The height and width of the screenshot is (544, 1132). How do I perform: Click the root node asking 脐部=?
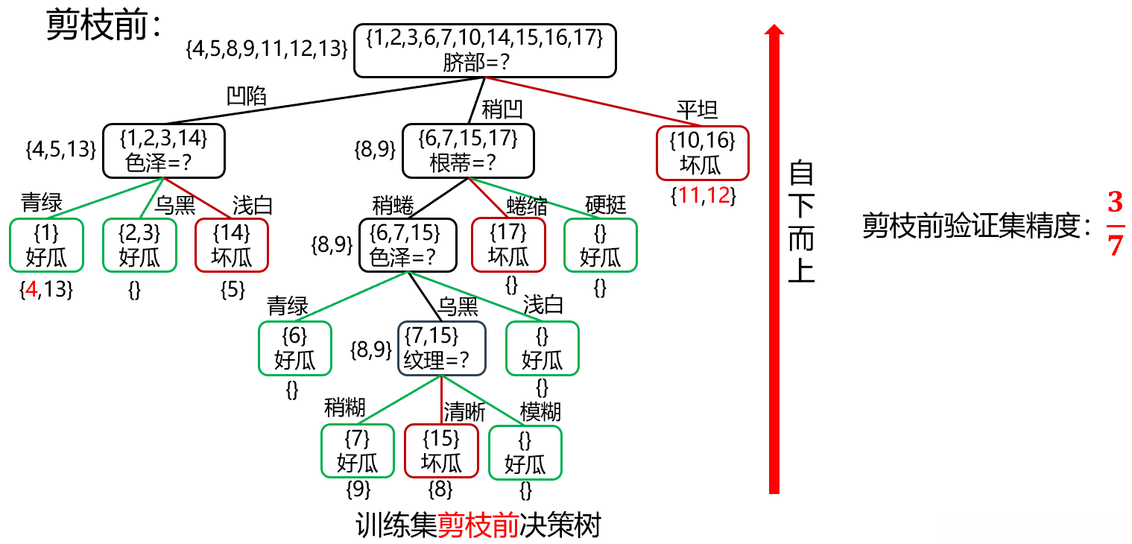[484, 50]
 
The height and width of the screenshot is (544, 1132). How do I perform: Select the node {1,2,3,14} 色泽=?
[163, 151]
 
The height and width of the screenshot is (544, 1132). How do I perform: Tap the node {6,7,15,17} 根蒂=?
[469, 151]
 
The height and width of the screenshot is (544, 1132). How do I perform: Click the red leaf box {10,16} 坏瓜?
[702, 153]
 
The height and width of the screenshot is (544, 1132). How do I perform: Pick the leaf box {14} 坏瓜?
[231, 245]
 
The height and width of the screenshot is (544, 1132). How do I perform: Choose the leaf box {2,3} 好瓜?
[139, 245]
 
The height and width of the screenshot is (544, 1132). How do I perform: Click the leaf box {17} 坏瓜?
[508, 245]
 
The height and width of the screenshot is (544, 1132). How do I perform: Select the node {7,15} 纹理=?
[441, 348]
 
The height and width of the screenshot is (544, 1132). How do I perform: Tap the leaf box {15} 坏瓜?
[441, 451]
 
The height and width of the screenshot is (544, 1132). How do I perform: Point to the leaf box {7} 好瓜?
[358, 451]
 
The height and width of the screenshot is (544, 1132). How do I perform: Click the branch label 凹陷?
[247, 96]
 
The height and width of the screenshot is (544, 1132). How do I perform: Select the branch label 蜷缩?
[527, 204]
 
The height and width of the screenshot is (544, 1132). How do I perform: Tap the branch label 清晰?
[464, 411]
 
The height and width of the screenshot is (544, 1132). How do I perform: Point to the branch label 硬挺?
[606, 204]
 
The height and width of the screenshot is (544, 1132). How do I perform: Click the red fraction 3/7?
[1114, 224]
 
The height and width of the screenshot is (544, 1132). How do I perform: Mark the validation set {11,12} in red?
[703, 197]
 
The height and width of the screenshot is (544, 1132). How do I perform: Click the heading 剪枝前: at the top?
[104, 27]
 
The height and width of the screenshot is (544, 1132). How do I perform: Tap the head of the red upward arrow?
[774, 30]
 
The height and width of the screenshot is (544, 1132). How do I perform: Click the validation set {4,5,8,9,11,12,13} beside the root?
[267, 49]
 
